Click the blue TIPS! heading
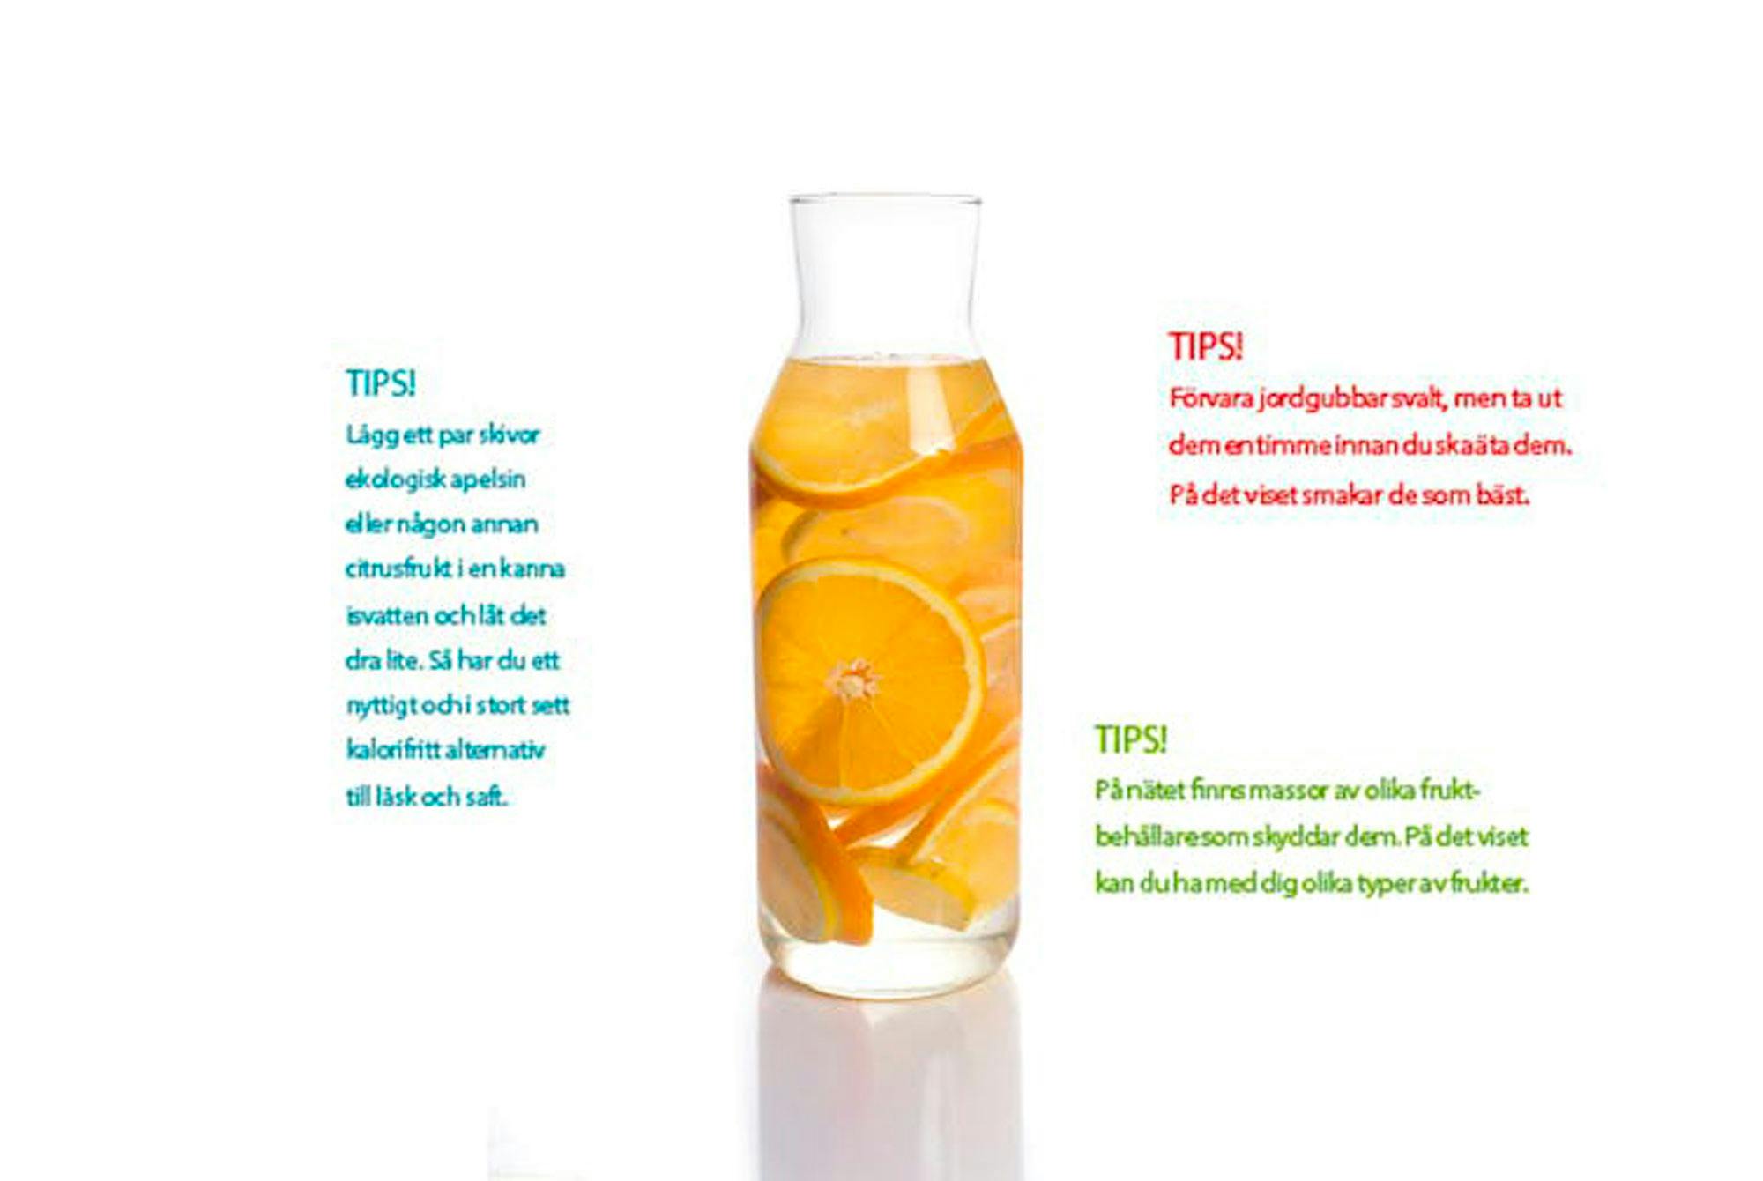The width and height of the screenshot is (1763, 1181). tap(380, 383)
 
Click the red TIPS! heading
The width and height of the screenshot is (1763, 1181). tap(1205, 346)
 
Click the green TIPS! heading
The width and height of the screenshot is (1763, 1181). tap(1131, 739)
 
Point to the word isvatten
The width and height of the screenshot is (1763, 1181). tap(387, 615)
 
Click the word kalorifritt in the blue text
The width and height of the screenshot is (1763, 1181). tap(393, 750)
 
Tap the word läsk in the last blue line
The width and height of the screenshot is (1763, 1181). tap(396, 797)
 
